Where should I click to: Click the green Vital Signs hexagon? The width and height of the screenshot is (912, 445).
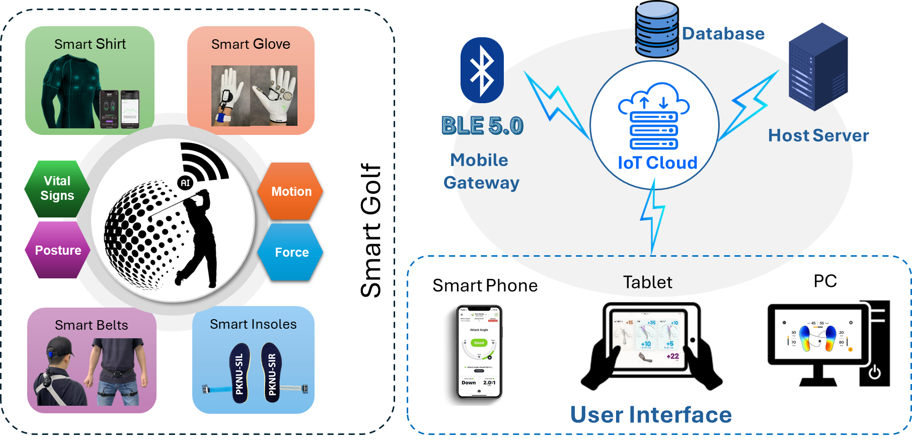57,189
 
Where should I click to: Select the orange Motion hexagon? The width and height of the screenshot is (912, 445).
290,191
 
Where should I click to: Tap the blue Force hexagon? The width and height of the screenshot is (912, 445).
290,252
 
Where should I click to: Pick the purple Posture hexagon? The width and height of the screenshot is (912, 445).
57,250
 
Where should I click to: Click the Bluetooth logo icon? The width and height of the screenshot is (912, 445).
482,70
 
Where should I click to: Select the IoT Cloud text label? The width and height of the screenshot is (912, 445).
657,163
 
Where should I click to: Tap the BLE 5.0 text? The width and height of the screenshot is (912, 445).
482,126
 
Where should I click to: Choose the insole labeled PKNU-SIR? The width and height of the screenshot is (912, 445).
272,373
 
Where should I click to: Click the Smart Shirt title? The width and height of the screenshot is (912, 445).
90,44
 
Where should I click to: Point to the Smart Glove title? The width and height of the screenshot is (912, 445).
251,44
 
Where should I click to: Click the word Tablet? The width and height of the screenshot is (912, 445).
647,282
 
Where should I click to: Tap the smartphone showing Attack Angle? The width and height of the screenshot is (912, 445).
474,354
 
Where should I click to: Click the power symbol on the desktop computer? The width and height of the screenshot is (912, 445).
875,372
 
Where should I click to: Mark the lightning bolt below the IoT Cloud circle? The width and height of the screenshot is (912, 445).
653,216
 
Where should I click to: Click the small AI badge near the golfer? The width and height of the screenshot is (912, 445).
185,183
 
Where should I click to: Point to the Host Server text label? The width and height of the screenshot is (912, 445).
818,135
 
